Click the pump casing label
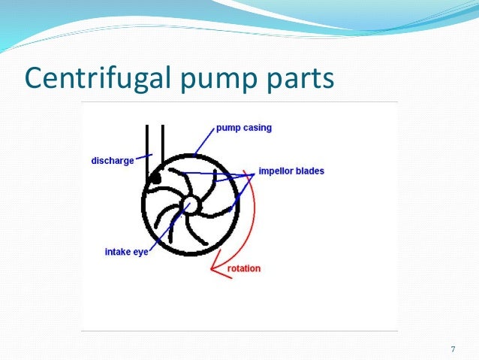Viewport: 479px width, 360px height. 244,128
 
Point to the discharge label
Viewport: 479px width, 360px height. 112,160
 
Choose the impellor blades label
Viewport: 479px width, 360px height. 291,171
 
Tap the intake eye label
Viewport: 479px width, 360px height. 126,252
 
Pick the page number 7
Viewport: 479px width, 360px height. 452,349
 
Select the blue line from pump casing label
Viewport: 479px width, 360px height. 203,141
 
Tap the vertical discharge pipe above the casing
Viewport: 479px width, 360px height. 155,147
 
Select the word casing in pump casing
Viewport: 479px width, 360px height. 257,128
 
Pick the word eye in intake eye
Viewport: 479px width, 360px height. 140,252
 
